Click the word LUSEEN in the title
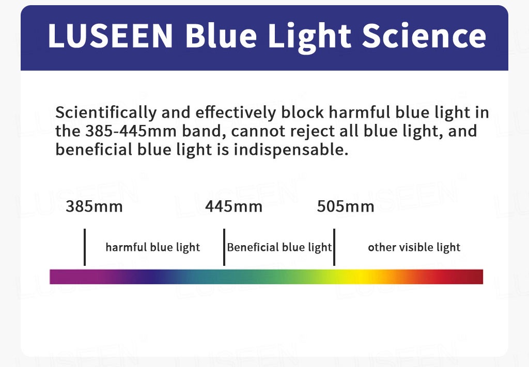(111, 36)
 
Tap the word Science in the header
(424, 36)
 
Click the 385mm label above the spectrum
(94, 206)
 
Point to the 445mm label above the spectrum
(234, 206)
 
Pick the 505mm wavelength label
(346, 206)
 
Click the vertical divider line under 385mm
(85, 247)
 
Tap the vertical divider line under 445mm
(224, 247)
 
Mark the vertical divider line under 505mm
(334, 247)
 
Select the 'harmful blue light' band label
(153, 247)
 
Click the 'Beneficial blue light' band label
(279, 247)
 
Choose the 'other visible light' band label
(414, 247)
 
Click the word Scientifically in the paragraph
(106, 113)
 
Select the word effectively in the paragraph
(236, 113)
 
